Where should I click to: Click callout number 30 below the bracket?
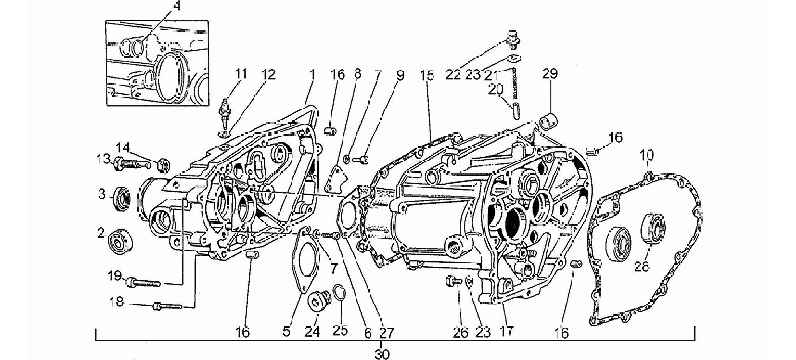(x=382, y=354)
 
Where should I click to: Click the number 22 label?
(x=453, y=74)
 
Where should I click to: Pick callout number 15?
(x=427, y=75)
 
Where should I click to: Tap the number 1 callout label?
(x=312, y=74)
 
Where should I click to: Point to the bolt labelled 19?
(x=143, y=281)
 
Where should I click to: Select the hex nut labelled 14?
(x=164, y=166)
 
